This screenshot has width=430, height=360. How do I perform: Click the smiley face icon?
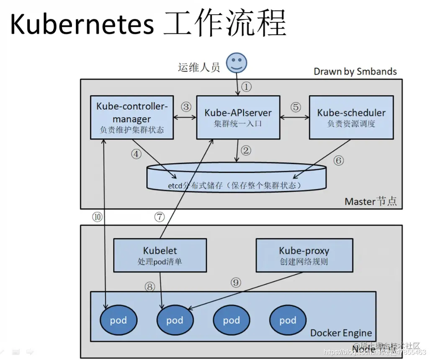pos(237,63)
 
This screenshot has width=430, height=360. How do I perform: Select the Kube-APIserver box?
pos(238,117)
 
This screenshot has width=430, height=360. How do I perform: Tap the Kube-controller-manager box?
pos(132,117)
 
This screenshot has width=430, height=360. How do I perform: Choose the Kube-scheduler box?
pos(351,117)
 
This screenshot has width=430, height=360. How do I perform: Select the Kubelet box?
pos(160,255)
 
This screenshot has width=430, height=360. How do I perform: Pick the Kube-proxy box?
pos(304,255)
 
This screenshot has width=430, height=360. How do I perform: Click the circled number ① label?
pos(247,87)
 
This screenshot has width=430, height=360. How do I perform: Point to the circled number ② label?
pos(246,150)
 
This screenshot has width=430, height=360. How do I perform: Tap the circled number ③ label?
pos(186,107)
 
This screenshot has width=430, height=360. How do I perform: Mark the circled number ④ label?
pos(136,154)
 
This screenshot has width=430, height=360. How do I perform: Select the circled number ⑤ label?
pos(296,107)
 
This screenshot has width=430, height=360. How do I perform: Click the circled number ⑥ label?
pos(338,160)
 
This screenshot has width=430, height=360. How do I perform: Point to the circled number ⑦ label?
pos(160,216)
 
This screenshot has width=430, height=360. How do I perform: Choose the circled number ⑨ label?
pos(236,283)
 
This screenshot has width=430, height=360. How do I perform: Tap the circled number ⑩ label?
pos(97,216)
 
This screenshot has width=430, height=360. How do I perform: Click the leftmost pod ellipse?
pos(118,321)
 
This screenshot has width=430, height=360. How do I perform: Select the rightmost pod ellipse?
pos(288,321)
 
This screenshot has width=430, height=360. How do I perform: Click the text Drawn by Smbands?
pos(355,72)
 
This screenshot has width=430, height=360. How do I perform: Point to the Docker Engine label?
pos(341,333)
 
